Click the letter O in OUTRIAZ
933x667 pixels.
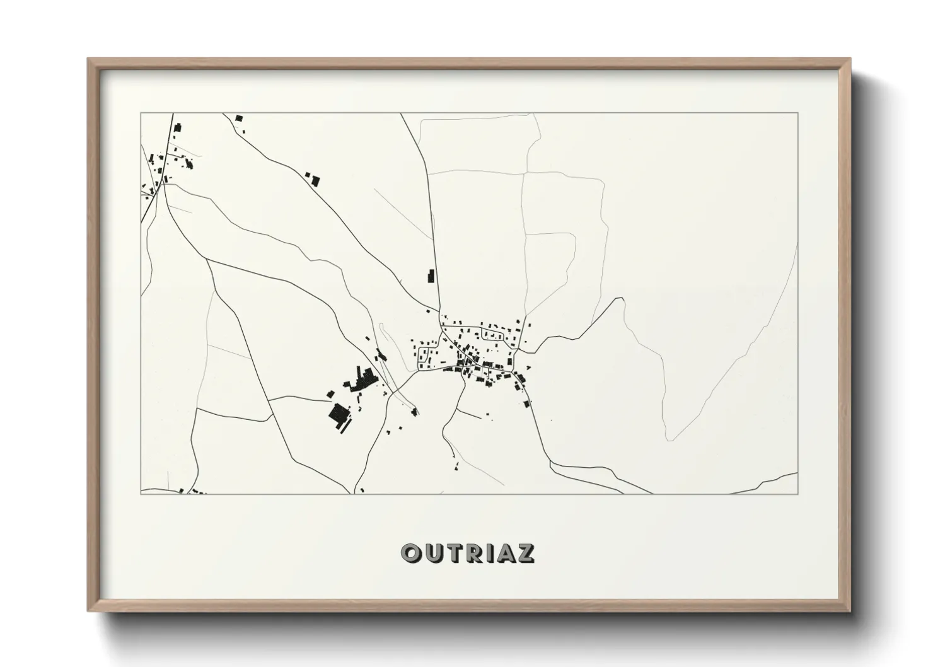pyautogui.click(x=412, y=553)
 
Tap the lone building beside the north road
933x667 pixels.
pyautogui.click(x=431, y=275)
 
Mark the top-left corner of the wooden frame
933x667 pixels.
pyautogui.click(x=88, y=59)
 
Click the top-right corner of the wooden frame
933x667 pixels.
pyautogui.click(x=850, y=59)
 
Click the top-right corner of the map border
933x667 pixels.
pyautogui.click(x=798, y=113)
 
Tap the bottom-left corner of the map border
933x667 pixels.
pyautogui.click(x=141, y=494)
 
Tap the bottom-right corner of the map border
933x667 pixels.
pyautogui.click(x=798, y=494)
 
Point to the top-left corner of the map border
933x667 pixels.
pyautogui.click(x=141, y=113)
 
